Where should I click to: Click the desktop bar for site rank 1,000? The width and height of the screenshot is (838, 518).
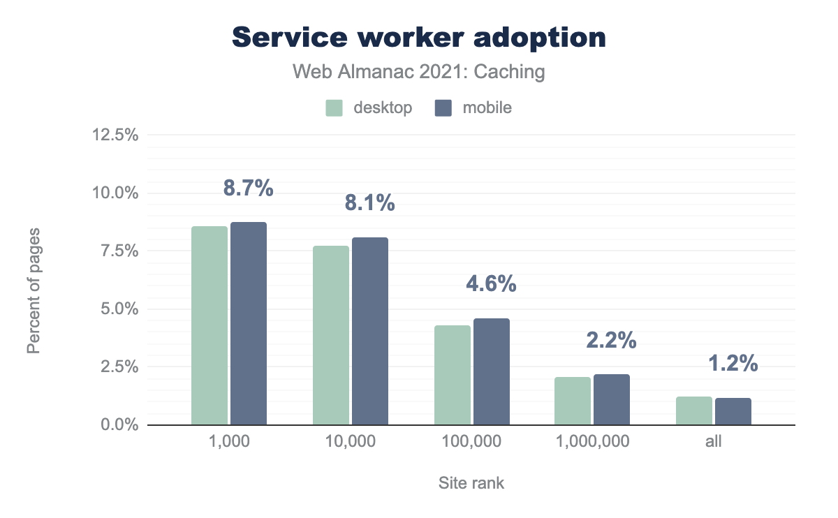pyautogui.click(x=209, y=325)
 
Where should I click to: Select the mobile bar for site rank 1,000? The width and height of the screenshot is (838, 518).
pyautogui.click(x=249, y=323)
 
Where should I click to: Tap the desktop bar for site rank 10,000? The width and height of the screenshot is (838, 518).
pyautogui.click(x=331, y=335)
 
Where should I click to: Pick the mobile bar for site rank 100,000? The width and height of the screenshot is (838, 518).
pyautogui.click(x=492, y=371)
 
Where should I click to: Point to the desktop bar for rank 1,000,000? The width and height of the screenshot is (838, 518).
pyautogui.click(x=573, y=401)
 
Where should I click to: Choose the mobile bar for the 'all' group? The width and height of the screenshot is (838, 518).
pyautogui.click(x=733, y=411)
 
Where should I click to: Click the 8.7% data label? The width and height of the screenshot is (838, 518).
pyautogui.click(x=248, y=188)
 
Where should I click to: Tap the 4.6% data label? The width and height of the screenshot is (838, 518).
pyautogui.click(x=491, y=284)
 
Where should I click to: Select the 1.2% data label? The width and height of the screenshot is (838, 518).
pyautogui.click(x=733, y=364)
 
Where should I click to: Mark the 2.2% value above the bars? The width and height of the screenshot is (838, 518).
pyautogui.click(x=612, y=341)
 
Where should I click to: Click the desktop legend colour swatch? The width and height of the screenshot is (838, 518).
pyautogui.click(x=334, y=108)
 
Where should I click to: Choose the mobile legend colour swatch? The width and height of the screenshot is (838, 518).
pyautogui.click(x=443, y=108)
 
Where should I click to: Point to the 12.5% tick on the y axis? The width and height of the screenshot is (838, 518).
pyautogui.click(x=115, y=135)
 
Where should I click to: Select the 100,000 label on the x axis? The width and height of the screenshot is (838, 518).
pyautogui.click(x=471, y=442)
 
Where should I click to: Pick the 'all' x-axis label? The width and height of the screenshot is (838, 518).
pyautogui.click(x=714, y=442)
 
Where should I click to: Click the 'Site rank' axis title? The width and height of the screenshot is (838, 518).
pyautogui.click(x=471, y=483)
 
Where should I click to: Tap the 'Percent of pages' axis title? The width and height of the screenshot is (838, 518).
pyautogui.click(x=34, y=290)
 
